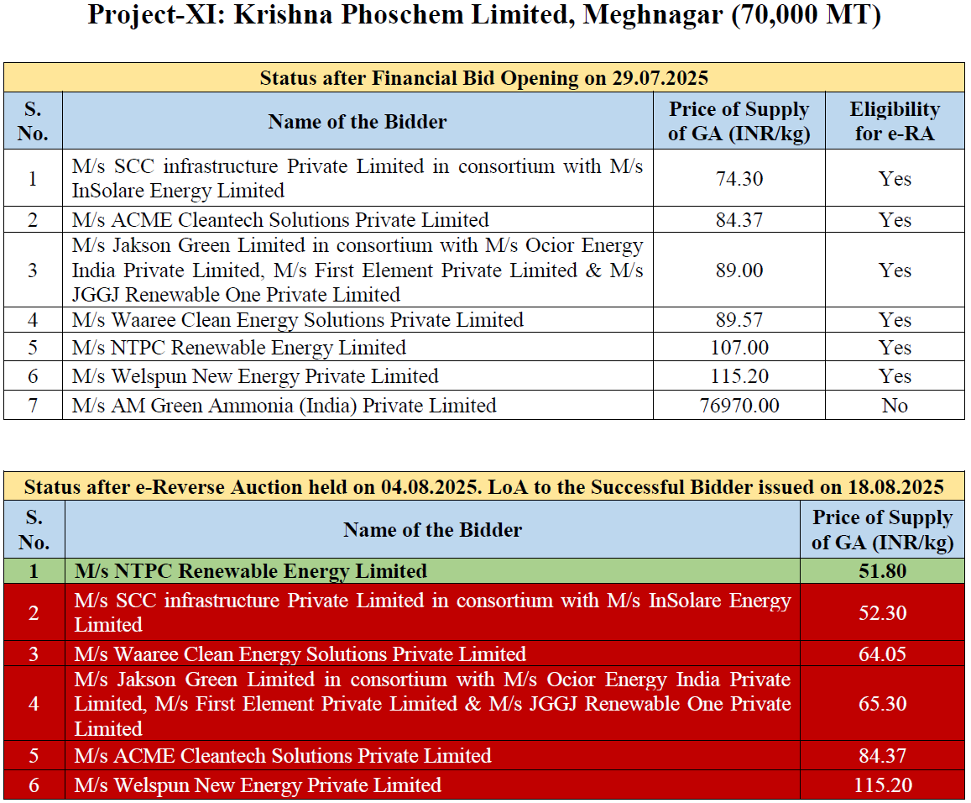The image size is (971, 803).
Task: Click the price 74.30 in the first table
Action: pos(739,179)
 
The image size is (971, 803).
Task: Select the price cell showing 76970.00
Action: pos(739,406)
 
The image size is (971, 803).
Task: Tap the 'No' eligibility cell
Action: pos(895,406)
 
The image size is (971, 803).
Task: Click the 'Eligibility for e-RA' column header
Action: pos(895,121)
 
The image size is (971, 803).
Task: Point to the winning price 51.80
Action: pos(883,571)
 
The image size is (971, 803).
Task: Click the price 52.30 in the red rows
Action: pos(883,612)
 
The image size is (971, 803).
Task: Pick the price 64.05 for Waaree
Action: pos(883,654)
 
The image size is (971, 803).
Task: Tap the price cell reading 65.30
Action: pos(883,704)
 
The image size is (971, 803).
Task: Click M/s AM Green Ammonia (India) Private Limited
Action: pos(284,406)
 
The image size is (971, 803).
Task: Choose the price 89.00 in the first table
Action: pos(739,270)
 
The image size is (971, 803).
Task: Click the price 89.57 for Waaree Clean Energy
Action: pos(739,320)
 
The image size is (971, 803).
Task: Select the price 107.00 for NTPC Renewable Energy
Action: pos(739,348)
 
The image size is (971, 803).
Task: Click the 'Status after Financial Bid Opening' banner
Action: pos(484,78)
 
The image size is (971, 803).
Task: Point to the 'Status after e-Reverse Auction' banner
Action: pos(484,487)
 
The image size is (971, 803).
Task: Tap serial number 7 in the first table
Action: pos(33,406)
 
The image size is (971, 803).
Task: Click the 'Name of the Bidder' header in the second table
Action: pos(432,530)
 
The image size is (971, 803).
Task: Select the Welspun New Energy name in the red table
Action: pos(257,785)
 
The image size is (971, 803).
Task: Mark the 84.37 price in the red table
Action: pos(883,756)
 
